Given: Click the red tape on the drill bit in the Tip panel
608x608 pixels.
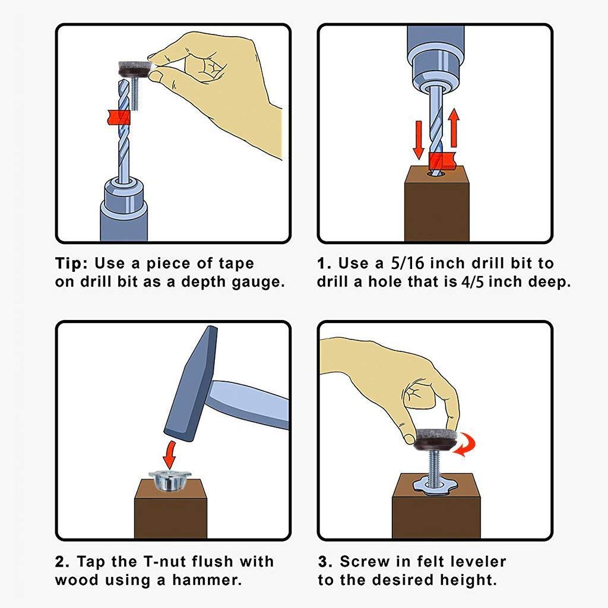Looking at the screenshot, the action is (x=118, y=117).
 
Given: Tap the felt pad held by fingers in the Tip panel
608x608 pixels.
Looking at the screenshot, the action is (x=134, y=69).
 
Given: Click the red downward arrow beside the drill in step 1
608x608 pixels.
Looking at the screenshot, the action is (x=418, y=140).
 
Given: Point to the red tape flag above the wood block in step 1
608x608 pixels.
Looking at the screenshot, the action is (x=442, y=161).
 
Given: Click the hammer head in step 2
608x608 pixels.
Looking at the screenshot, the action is (x=191, y=384).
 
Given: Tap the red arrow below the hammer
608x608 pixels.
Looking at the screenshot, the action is (x=169, y=454).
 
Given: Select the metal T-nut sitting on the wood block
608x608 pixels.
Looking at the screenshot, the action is (x=169, y=480).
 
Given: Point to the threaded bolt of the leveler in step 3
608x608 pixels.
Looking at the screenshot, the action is (x=435, y=468).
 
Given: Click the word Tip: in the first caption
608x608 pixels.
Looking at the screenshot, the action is (x=72, y=263).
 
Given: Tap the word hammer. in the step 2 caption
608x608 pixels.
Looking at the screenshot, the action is (x=207, y=580).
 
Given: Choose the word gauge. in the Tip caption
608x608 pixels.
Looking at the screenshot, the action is (x=258, y=282).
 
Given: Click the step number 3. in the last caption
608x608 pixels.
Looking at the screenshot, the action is (x=325, y=562).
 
